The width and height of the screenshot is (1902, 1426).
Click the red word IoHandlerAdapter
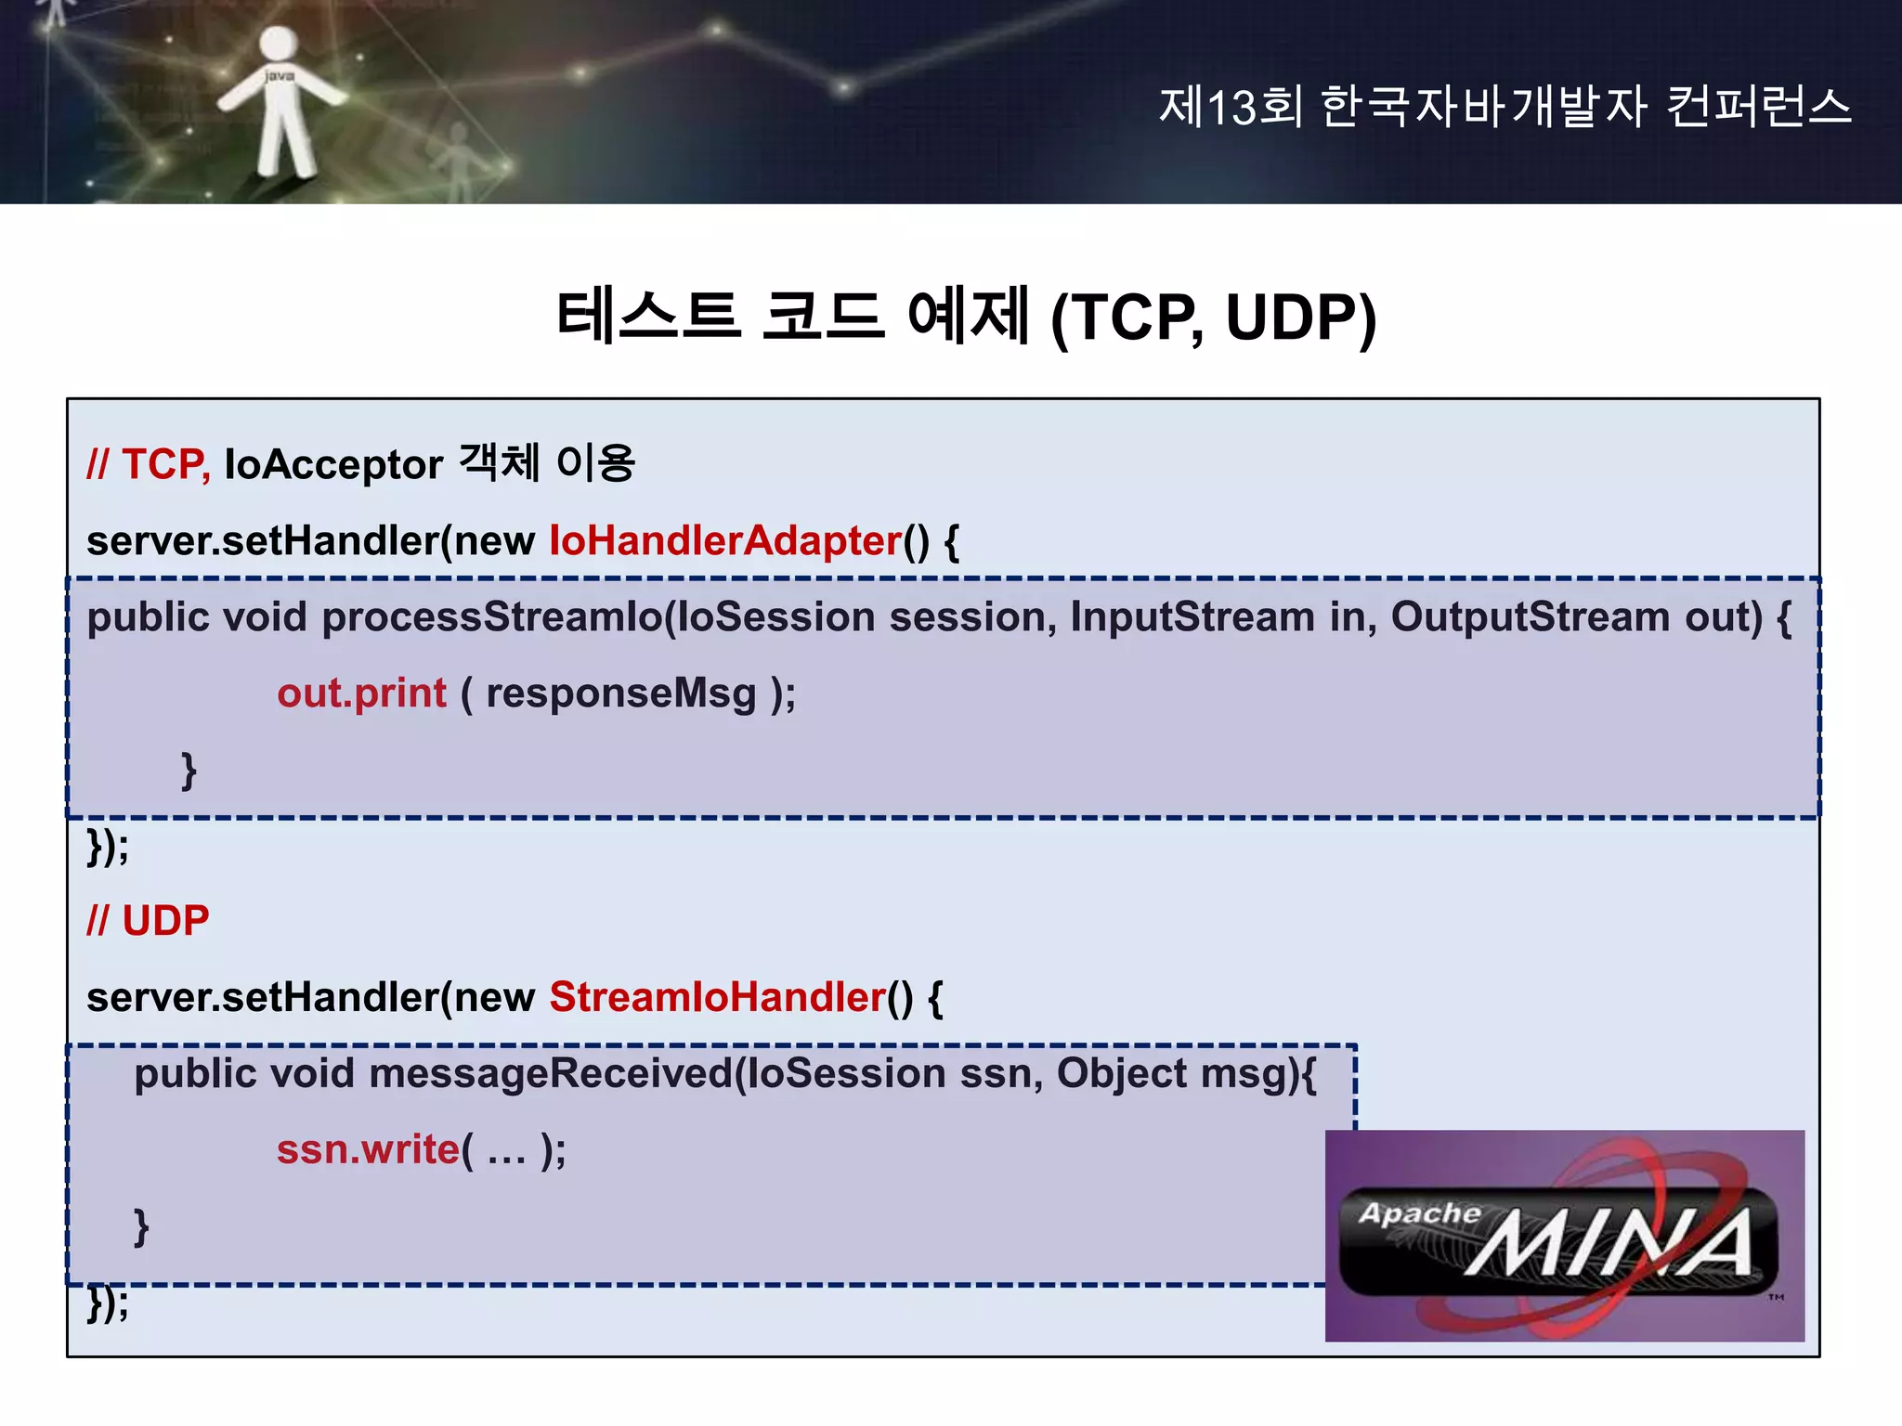click(x=725, y=540)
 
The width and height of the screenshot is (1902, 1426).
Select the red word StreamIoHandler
click(x=717, y=997)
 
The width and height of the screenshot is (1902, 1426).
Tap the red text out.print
click(x=361, y=694)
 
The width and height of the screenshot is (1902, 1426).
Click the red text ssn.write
click(x=368, y=1149)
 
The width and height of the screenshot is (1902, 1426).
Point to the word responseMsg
click(x=620, y=694)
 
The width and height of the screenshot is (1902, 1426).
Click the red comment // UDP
click(x=148, y=921)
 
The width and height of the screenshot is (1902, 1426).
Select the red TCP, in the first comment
click(x=165, y=464)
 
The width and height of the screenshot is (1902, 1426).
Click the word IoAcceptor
click(x=333, y=464)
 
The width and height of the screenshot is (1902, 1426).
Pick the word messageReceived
click(x=551, y=1074)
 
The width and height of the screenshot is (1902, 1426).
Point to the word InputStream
click(x=1192, y=617)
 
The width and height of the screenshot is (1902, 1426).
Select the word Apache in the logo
click(x=1419, y=1213)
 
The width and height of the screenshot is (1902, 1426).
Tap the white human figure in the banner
click(x=279, y=102)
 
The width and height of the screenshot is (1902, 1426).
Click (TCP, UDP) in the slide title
click(x=1212, y=318)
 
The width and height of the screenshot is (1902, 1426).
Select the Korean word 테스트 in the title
click(x=647, y=316)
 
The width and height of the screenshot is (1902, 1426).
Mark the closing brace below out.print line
click(x=189, y=771)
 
